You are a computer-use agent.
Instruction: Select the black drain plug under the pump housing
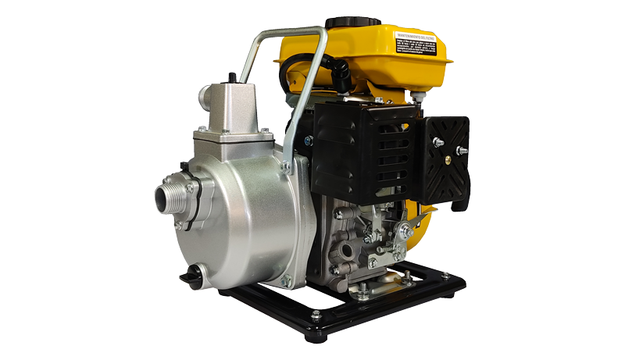(191, 277)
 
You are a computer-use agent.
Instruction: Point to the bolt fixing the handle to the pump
(287, 166)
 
